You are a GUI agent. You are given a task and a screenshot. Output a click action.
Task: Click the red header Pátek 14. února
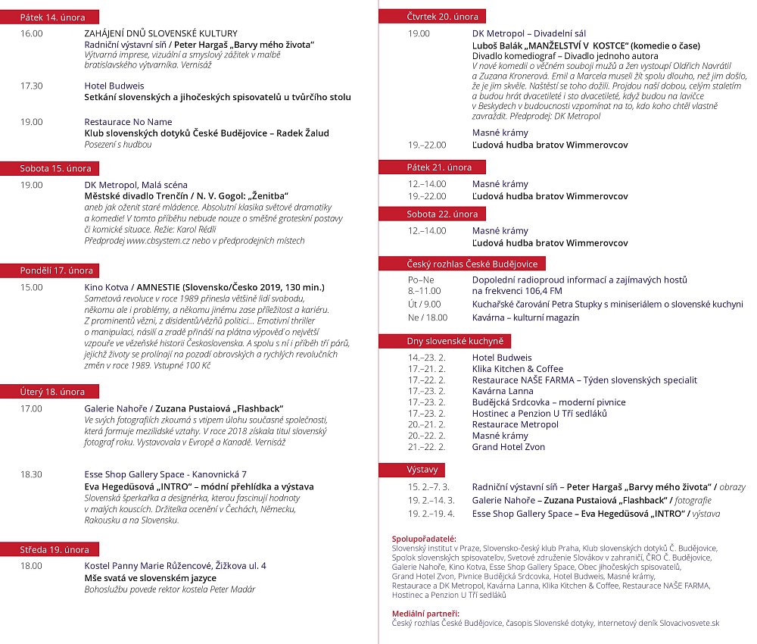point(53,17)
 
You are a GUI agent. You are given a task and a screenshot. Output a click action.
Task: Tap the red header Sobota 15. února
point(55,168)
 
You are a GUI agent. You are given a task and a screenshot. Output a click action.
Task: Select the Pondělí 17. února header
point(57,270)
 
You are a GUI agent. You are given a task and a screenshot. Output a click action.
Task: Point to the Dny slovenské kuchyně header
point(455,341)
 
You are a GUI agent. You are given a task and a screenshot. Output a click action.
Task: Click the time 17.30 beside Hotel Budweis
point(32,86)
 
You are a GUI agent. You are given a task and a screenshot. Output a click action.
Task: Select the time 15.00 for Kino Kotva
point(32,287)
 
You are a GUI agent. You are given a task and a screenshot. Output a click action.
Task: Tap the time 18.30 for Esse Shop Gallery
point(32,474)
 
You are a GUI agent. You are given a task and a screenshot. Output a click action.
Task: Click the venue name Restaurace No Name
point(128,121)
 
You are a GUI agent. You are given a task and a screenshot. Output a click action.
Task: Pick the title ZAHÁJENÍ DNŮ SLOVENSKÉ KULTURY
point(160,33)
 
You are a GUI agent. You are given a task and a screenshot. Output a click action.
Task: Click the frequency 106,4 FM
point(517,290)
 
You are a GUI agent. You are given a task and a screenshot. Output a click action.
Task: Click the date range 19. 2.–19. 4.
point(431,514)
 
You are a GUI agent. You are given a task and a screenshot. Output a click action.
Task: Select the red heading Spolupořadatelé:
point(425,539)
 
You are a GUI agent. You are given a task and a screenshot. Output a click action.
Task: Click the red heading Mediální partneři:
point(425,612)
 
